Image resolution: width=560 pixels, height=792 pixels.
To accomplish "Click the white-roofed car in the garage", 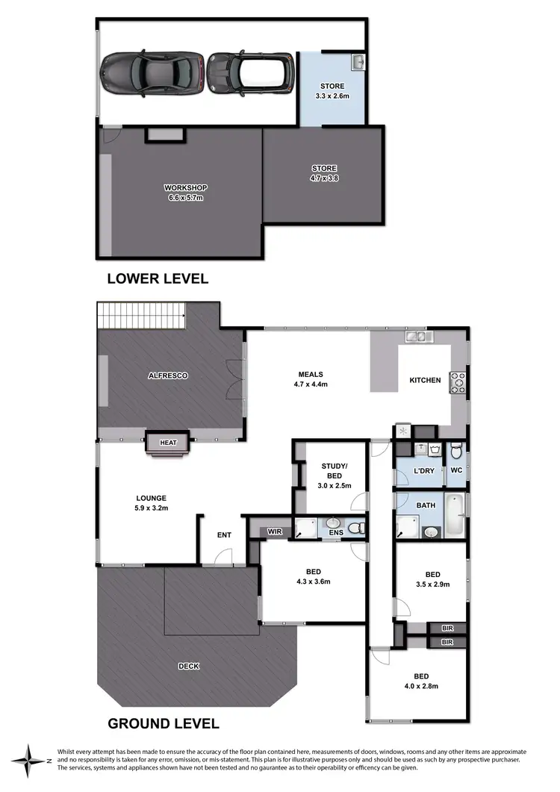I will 249,74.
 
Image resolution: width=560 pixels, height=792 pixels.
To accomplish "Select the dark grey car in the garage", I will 152,73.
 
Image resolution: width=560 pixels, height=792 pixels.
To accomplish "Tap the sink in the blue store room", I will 357,60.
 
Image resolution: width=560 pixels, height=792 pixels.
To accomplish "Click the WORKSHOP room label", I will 184,187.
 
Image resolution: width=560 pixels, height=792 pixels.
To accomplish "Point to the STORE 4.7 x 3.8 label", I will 323,173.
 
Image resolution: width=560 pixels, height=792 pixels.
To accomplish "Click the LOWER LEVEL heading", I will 158,279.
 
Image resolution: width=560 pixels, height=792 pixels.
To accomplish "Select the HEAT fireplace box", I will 168,443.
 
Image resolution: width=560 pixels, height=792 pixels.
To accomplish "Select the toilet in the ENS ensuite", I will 359,528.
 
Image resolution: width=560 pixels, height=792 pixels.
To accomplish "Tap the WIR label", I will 275,531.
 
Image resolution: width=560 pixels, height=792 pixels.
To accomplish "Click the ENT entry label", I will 223,534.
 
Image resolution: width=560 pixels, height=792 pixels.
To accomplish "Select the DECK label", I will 189,666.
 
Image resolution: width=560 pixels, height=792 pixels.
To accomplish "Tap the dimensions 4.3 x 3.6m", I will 314,581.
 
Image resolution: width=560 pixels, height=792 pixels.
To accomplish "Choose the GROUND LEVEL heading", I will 164,723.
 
